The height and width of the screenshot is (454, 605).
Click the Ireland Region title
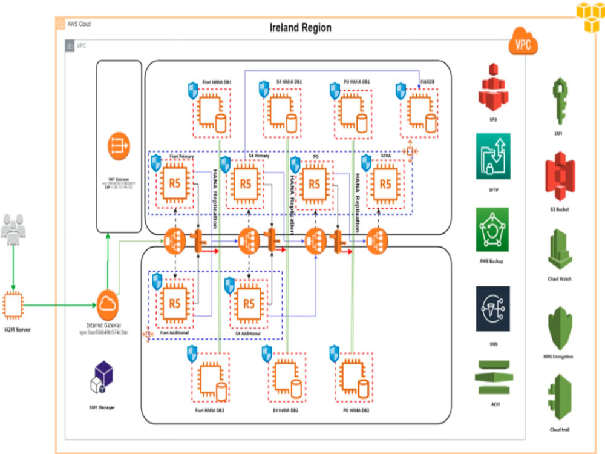pos(300,28)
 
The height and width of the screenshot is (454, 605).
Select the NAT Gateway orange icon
pos(119,145)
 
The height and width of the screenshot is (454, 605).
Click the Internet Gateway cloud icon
pos(107,303)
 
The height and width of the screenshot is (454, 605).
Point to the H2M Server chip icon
pos(13,306)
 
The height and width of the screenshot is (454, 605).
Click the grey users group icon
pos(13,228)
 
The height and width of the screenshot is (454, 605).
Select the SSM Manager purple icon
pos(101,377)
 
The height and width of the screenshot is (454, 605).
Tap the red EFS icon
pos(494,93)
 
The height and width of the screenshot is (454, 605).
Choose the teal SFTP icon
pos(493,156)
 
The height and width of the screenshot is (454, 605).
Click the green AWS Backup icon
pos(492,229)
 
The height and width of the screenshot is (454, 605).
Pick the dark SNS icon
pos(492,308)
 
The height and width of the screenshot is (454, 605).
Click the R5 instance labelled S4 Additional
pos(249,303)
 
